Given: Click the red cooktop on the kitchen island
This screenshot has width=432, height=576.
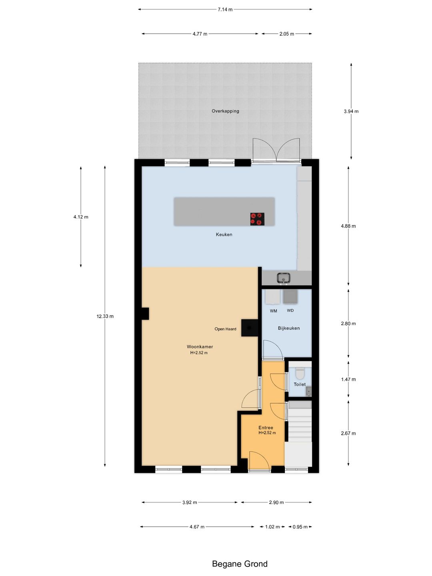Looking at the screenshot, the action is pyautogui.click(x=257, y=219).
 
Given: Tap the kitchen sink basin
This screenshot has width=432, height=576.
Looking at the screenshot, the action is pyautogui.click(x=284, y=278).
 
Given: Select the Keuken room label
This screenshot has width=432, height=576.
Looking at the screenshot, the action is pyautogui.click(x=224, y=234).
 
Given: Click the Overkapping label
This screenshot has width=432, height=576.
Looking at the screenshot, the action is pyautogui.click(x=225, y=111).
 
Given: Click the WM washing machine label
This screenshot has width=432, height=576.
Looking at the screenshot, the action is pyautogui.click(x=273, y=311).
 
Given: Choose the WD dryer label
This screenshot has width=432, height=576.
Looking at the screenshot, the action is pyautogui.click(x=290, y=310).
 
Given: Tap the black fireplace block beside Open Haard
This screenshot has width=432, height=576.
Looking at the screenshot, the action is pyautogui.click(x=250, y=328).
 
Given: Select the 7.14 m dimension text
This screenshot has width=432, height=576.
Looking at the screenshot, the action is pyautogui.click(x=225, y=10).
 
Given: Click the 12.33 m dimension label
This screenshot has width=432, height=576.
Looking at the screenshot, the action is pyautogui.click(x=105, y=316).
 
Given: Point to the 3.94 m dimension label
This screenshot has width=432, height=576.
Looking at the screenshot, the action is pyautogui.click(x=351, y=111).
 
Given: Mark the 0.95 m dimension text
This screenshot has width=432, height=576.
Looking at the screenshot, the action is pyautogui.click(x=300, y=527).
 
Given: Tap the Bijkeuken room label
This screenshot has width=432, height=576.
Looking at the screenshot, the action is pyautogui.click(x=288, y=328).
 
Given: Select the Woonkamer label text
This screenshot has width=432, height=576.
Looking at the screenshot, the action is pyautogui.click(x=200, y=346).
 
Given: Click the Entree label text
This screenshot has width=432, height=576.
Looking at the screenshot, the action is pyautogui.click(x=266, y=428).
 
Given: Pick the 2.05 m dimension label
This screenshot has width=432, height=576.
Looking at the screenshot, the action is pyautogui.click(x=286, y=34).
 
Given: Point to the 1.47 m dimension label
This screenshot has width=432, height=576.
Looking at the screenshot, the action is pyautogui.click(x=348, y=379).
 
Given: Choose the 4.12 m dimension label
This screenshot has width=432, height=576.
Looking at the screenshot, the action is pyautogui.click(x=81, y=217).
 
